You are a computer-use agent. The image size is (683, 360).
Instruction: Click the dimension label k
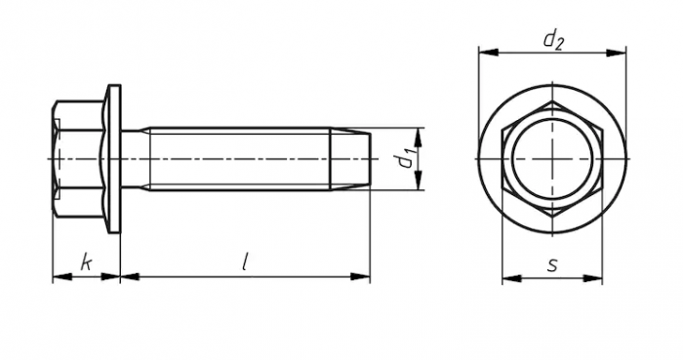point(87,262)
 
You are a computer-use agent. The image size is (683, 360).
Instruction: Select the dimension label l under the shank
point(245,262)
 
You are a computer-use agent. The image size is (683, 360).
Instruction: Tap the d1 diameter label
point(406,159)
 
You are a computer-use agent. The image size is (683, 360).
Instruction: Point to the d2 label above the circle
point(553,40)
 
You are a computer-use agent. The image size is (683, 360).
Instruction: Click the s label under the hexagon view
point(552,264)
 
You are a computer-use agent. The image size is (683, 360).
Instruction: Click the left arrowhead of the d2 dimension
point(488,53)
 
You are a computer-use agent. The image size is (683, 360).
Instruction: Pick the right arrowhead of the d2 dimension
point(617,53)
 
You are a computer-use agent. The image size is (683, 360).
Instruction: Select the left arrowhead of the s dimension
point(512,278)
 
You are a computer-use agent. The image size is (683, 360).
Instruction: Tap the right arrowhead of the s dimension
point(593,278)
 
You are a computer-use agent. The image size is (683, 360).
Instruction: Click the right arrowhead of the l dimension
point(360,276)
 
